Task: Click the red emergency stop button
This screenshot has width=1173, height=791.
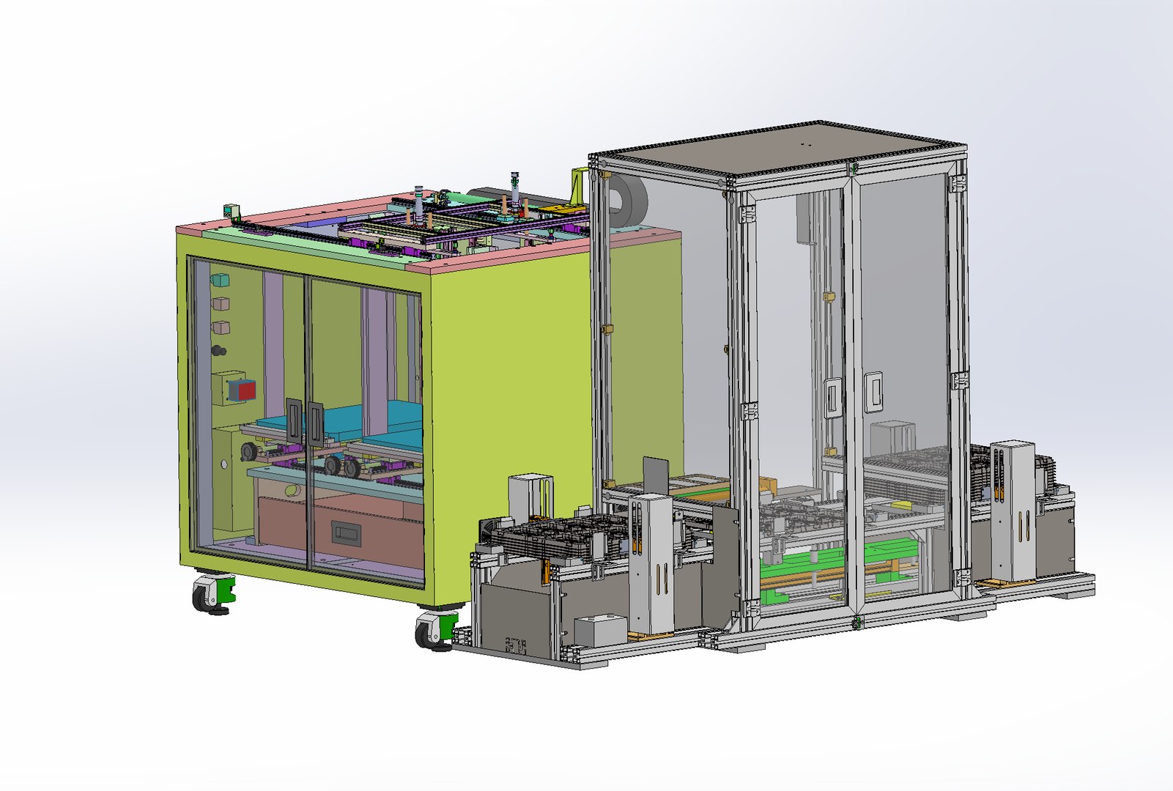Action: tap(245, 390)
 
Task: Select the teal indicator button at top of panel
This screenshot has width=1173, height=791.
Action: tap(220, 280)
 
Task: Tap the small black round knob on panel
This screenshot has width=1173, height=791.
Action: tap(218, 351)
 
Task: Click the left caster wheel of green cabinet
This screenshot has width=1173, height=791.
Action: tap(210, 594)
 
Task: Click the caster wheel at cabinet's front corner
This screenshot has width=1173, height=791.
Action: tap(432, 631)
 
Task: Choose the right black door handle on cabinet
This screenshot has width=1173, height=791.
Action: tap(315, 423)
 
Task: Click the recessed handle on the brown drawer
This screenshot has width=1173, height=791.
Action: tap(346, 532)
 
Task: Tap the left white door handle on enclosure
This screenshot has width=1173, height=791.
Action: tap(833, 398)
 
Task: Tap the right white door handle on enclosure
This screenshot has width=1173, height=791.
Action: tap(873, 393)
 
